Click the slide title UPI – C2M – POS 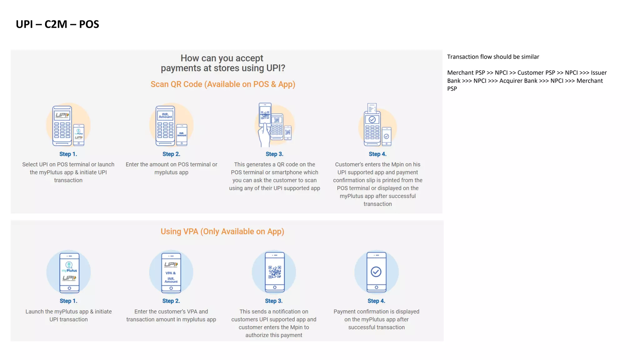click(57, 24)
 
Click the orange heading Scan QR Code click(176, 84)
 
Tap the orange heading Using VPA click(180, 232)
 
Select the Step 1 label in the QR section click(68, 154)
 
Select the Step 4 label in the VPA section click(376, 301)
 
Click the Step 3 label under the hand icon click(274, 154)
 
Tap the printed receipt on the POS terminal click(372, 108)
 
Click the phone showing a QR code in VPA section click(275, 272)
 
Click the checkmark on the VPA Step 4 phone click(376, 272)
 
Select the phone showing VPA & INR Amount click(171, 272)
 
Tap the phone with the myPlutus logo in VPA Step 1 click(69, 272)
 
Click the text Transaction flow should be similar click(493, 57)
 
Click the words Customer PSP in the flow click(536, 73)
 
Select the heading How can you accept click(222, 58)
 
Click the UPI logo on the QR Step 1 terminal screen click(62, 115)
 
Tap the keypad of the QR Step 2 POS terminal click(165, 130)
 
